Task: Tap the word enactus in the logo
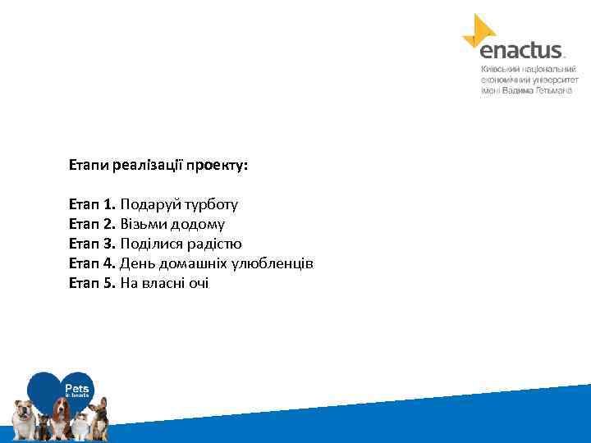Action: click(520, 51)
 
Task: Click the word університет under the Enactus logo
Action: click(554, 80)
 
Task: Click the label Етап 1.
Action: click(93, 204)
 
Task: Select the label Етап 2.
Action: click(93, 224)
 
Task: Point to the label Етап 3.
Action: click(93, 244)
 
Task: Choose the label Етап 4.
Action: click(93, 263)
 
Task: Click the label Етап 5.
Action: click(93, 283)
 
